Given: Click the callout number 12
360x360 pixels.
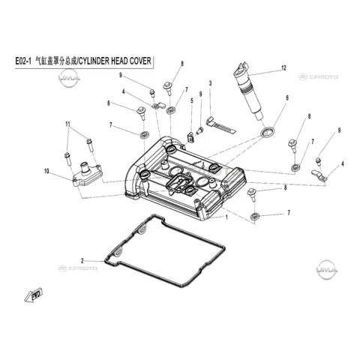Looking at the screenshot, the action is tap(283, 68).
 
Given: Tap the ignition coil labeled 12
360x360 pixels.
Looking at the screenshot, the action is tap(249, 91).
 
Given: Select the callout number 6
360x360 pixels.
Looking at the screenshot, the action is tap(287, 97).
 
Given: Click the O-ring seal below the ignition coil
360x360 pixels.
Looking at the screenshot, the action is tap(267, 132).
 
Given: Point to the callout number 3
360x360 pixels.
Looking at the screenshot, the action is tap(210, 83).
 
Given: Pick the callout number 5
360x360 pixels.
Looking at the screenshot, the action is tap(192, 100).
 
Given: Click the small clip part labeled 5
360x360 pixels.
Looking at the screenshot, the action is tap(190, 137).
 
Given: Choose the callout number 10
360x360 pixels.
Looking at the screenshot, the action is tap(46, 171).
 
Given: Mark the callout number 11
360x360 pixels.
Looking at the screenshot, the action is tap(67, 124).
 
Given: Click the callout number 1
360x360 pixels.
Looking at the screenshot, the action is tap(226, 217).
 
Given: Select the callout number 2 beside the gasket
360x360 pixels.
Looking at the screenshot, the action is tap(82, 261).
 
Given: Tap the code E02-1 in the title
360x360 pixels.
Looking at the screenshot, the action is tap(23, 61).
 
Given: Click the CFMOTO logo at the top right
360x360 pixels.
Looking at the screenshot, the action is tap(318, 76).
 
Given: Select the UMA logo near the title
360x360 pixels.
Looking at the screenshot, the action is tap(69, 78).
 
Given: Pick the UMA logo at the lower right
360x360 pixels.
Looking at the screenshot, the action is tap(326, 270).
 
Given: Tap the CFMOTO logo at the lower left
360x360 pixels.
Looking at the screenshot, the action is tap(78, 268).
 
